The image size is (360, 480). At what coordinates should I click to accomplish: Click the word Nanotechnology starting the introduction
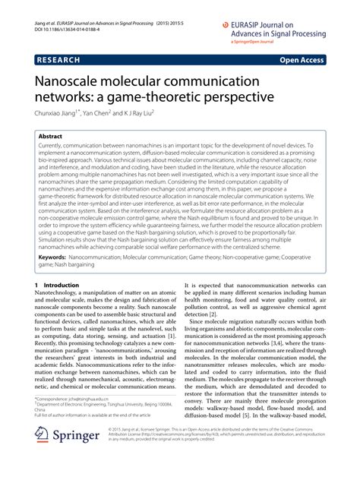click(x=61, y=295)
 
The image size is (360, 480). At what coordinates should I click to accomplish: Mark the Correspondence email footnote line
click(x=73, y=419)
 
